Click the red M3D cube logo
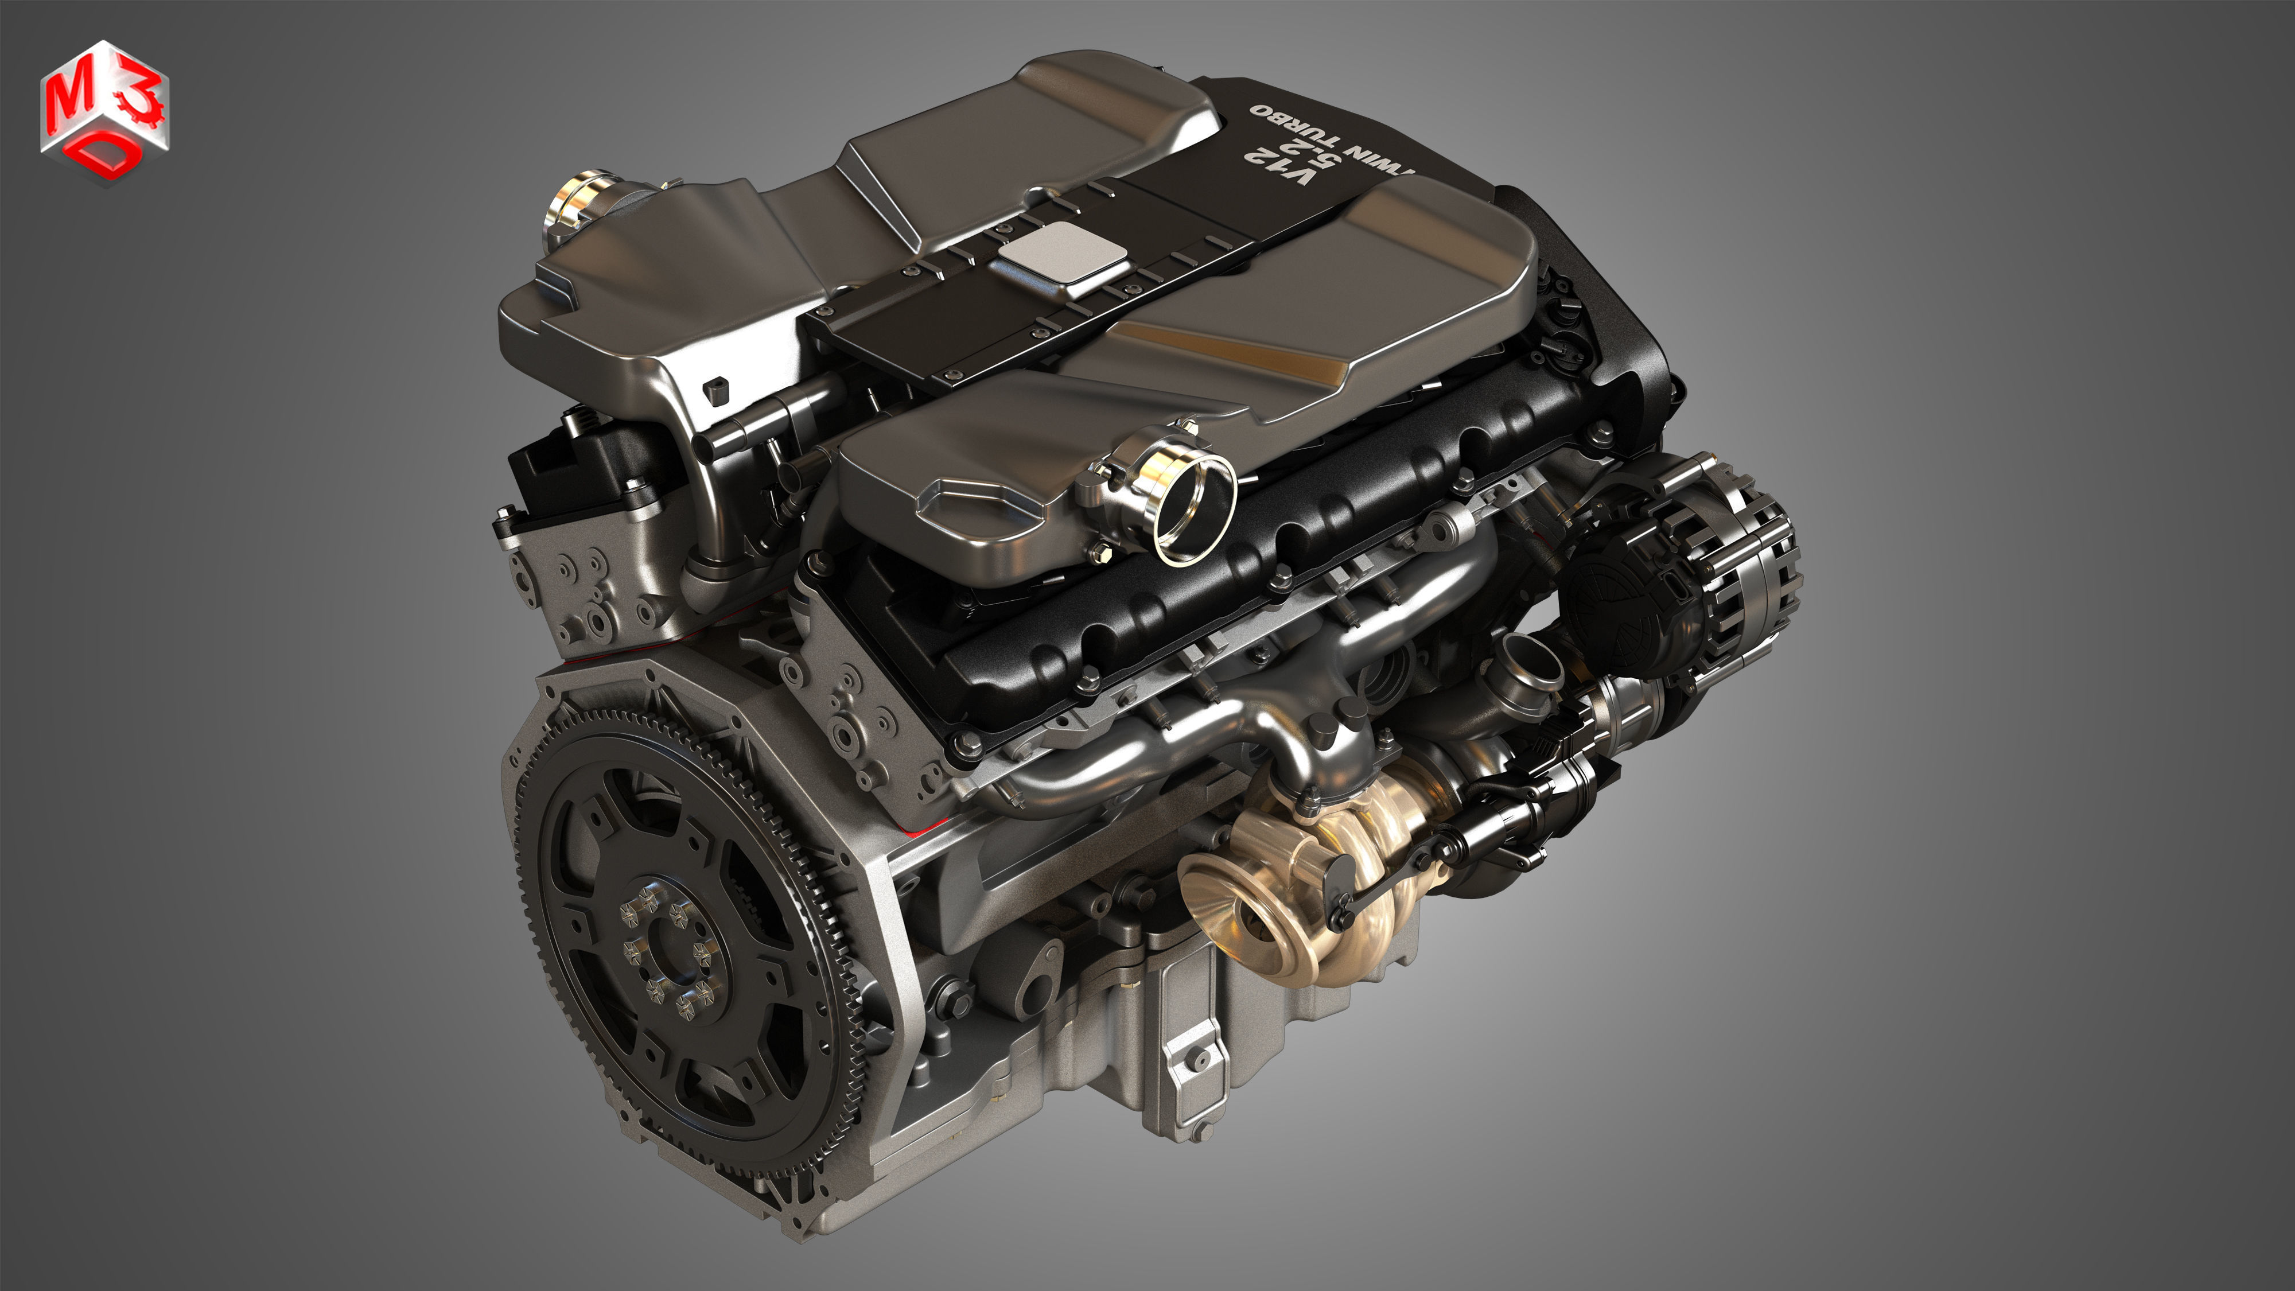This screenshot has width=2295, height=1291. (104, 111)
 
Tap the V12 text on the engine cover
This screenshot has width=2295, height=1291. (1280, 166)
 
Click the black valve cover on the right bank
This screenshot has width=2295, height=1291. (1247, 570)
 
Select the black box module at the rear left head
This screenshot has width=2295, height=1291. (570, 463)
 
